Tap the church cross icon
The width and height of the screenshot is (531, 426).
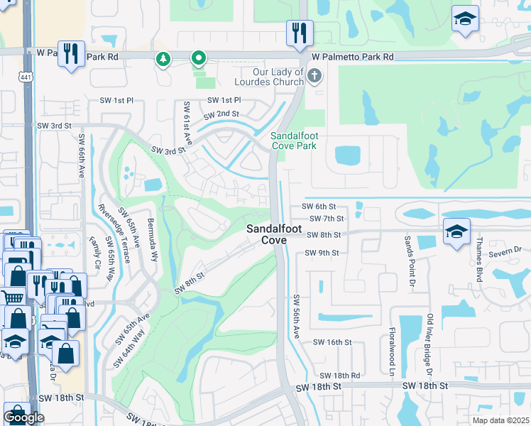coord(314,75)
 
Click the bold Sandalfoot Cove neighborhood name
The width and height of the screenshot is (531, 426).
coord(267,234)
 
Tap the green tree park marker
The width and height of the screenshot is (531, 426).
coord(164,59)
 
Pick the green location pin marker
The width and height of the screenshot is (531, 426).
coord(199,58)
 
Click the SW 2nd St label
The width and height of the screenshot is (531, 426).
coord(221,114)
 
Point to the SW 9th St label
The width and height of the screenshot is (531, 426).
coord(322,252)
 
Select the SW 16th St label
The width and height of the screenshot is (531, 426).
coord(333,342)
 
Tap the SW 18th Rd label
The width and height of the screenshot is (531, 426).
coord(340,375)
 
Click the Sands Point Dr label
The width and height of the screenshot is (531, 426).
coord(409,258)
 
